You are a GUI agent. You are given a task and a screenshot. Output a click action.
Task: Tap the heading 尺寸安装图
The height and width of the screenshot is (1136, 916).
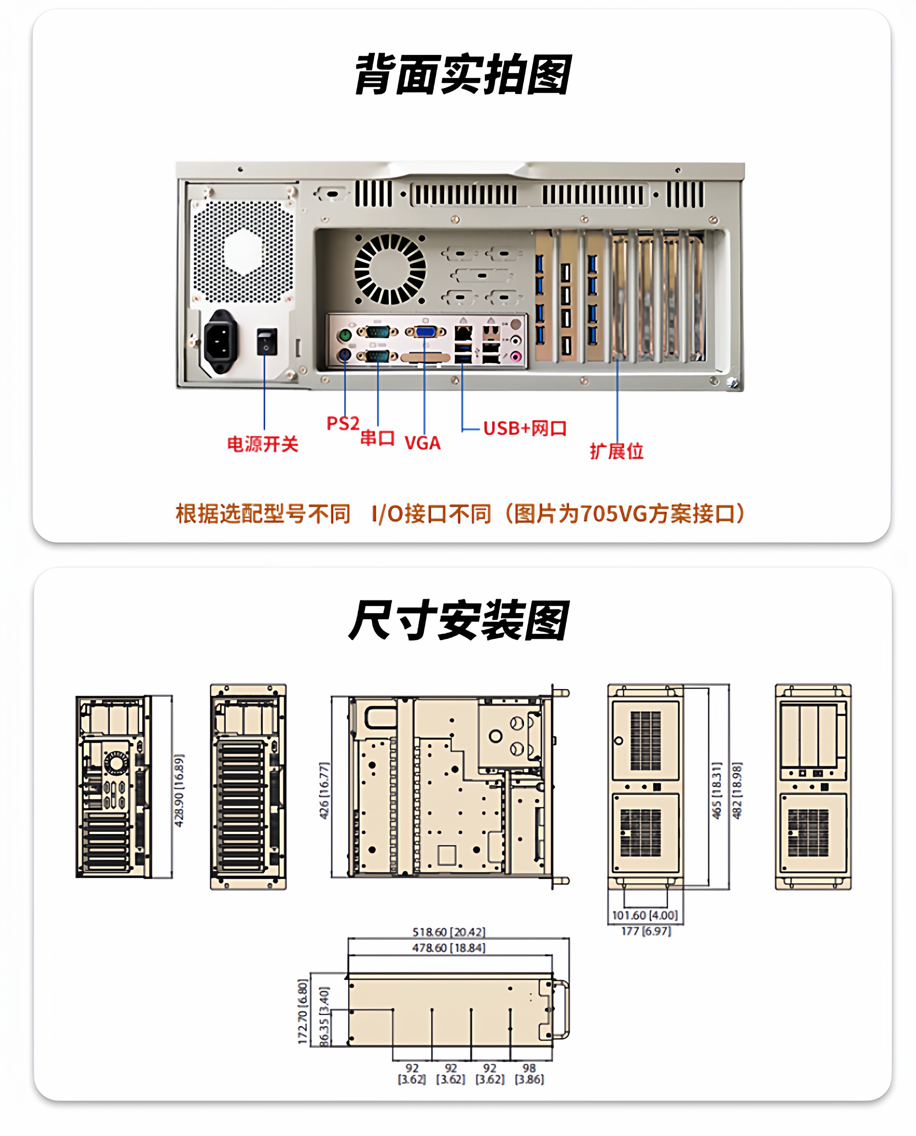click(x=459, y=621)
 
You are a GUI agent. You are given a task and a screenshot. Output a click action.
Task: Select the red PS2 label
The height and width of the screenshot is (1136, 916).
click(x=343, y=423)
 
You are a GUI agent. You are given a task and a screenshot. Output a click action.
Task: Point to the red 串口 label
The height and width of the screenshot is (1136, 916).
click(x=377, y=437)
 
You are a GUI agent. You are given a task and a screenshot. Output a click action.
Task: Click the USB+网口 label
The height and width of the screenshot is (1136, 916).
click(x=525, y=428)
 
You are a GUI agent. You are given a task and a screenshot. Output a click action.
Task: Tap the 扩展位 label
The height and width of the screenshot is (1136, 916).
click(x=616, y=451)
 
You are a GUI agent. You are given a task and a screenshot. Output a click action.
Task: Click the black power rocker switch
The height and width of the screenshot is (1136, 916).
click(x=267, y=341)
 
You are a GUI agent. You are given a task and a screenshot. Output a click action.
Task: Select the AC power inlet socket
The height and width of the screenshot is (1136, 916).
click(x=220, y=340)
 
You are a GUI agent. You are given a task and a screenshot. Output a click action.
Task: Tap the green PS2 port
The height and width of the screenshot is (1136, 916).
click(x=344, y=334)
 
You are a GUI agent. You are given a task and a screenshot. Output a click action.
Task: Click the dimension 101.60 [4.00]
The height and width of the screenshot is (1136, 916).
click(x=644, y=915)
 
